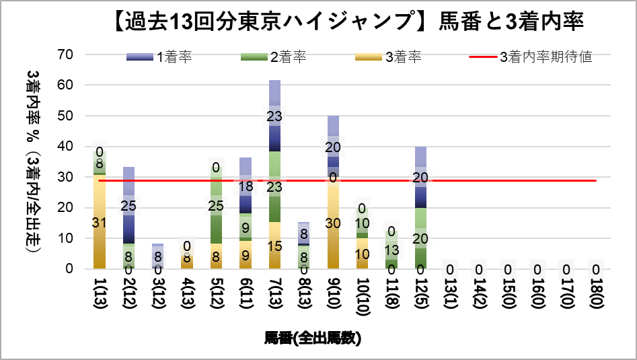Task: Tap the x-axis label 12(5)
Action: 420,291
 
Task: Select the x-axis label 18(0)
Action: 595,291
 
